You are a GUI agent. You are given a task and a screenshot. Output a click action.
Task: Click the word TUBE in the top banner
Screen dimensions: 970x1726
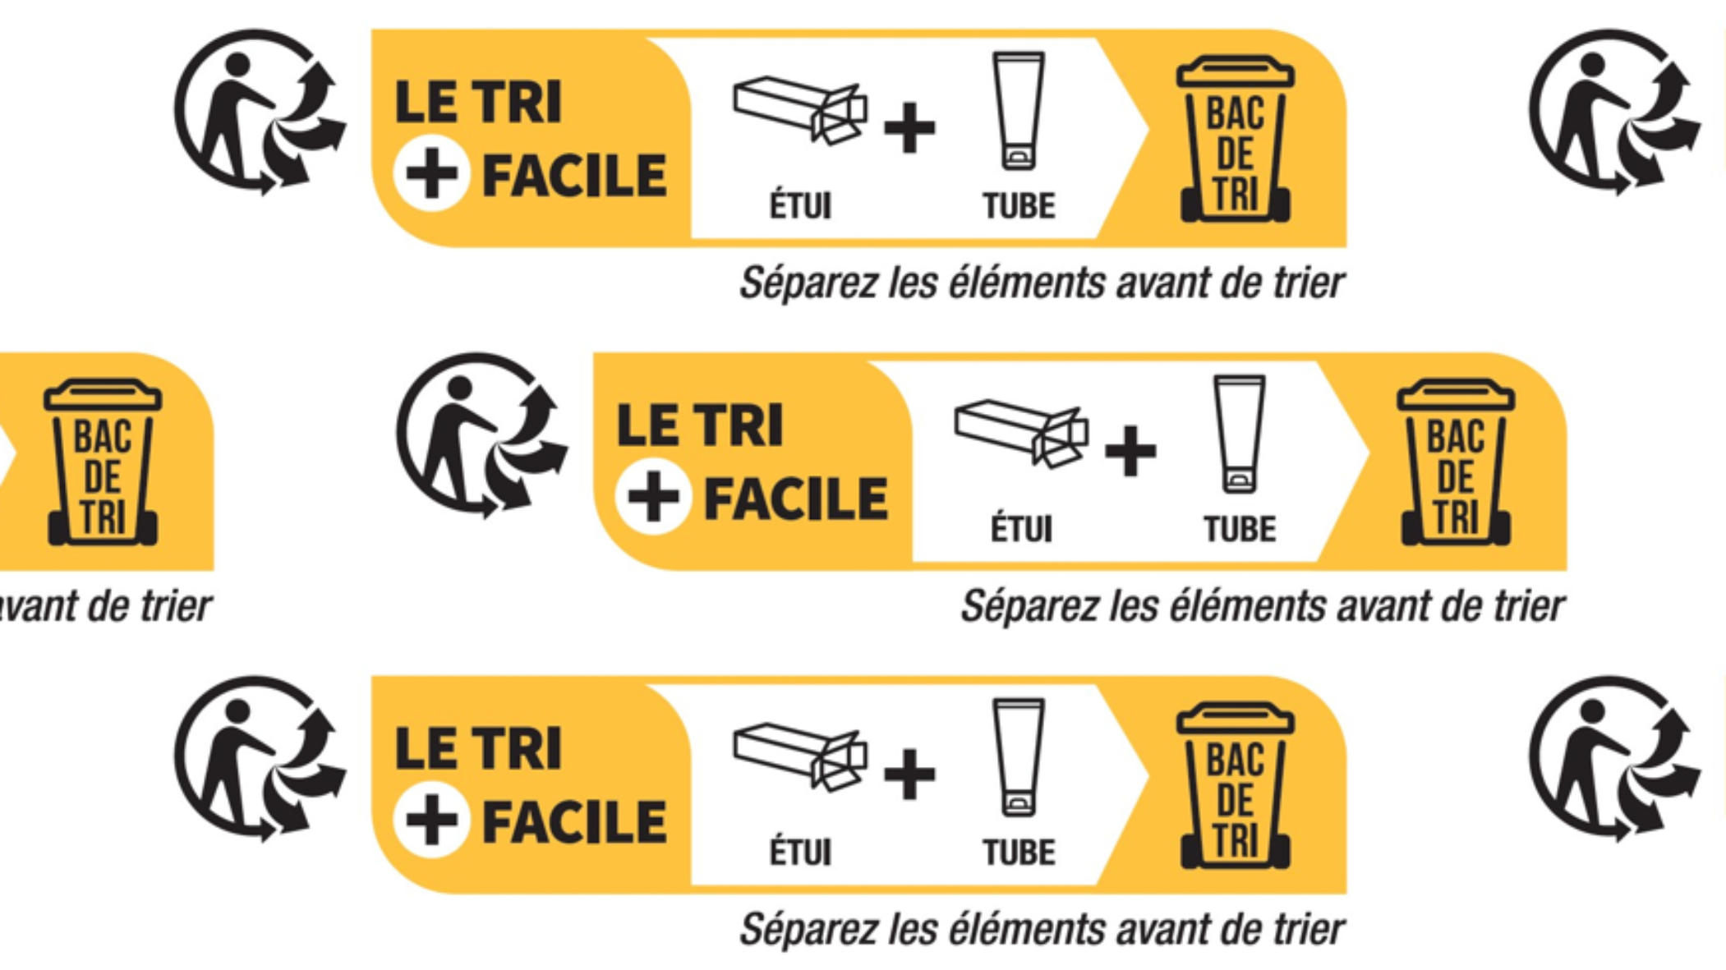coord(1019,206)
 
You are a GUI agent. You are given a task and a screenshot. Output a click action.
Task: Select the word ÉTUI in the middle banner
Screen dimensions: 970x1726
coord(1021,529)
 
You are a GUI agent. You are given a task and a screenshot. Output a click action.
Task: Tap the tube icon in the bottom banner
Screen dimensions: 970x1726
coord(1019,756)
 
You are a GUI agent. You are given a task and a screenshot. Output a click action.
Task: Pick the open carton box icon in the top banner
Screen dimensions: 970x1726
coord(800,110)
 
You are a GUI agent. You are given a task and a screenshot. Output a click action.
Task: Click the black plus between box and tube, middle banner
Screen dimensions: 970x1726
coord(1130,451)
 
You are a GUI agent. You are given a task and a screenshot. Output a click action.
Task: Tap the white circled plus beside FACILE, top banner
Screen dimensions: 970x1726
coord(431,173)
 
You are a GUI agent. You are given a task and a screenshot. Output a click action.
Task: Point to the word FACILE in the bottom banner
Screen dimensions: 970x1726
coord(573,822)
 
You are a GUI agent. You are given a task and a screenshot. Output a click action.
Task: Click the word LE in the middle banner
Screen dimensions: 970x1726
coord(647,425)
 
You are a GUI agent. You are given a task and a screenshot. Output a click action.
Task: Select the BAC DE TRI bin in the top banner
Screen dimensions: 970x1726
coord(1235,140)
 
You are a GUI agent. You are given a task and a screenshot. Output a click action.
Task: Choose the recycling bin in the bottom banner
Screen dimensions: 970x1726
coord(1235,786)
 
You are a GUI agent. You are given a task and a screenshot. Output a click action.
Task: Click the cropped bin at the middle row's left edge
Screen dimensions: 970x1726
coord(103,463)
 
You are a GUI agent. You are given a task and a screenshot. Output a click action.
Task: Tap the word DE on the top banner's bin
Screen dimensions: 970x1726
coord(1235,154)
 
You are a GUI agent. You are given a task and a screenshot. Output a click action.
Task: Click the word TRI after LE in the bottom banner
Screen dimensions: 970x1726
coord(520,749)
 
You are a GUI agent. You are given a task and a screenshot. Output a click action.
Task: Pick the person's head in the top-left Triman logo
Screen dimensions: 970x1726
coord(237,64)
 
